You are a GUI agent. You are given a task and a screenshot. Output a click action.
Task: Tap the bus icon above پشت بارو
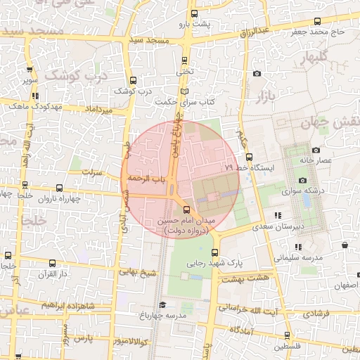(x=194, y=13)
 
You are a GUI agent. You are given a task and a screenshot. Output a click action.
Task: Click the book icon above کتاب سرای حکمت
(x=184, y=92)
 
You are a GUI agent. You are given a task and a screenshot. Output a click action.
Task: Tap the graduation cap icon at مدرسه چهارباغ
(x=162, y=305)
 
